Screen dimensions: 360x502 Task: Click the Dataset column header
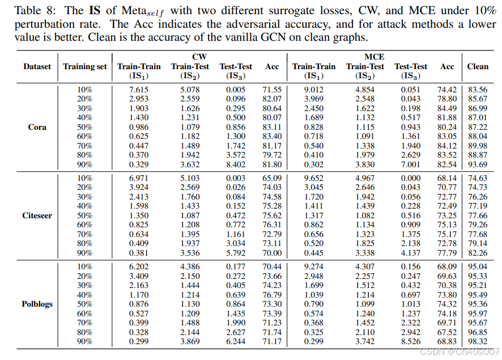click(37, 66)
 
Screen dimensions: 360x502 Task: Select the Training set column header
click(85, 66)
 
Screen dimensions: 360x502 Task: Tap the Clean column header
click(478, 66)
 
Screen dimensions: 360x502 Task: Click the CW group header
click(199, 57)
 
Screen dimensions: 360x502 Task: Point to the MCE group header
click(374, 57)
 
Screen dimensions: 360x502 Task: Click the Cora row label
click(37, 127)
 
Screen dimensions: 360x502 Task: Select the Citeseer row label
click(37, 215)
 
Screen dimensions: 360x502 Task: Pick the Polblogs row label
click(37, 304)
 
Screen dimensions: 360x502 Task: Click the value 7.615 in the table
click(139, 90)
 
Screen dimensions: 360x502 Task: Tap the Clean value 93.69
click(478, 164)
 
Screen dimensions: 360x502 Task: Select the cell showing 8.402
click(236, 164)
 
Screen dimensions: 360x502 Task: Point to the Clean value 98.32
click(478, 341)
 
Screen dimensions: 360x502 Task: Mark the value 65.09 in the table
click(272, 178)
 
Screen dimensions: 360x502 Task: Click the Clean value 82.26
click(478, 252)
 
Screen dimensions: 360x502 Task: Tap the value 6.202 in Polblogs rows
click(139, 266)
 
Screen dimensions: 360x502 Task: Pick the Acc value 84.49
click(447, 108)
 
